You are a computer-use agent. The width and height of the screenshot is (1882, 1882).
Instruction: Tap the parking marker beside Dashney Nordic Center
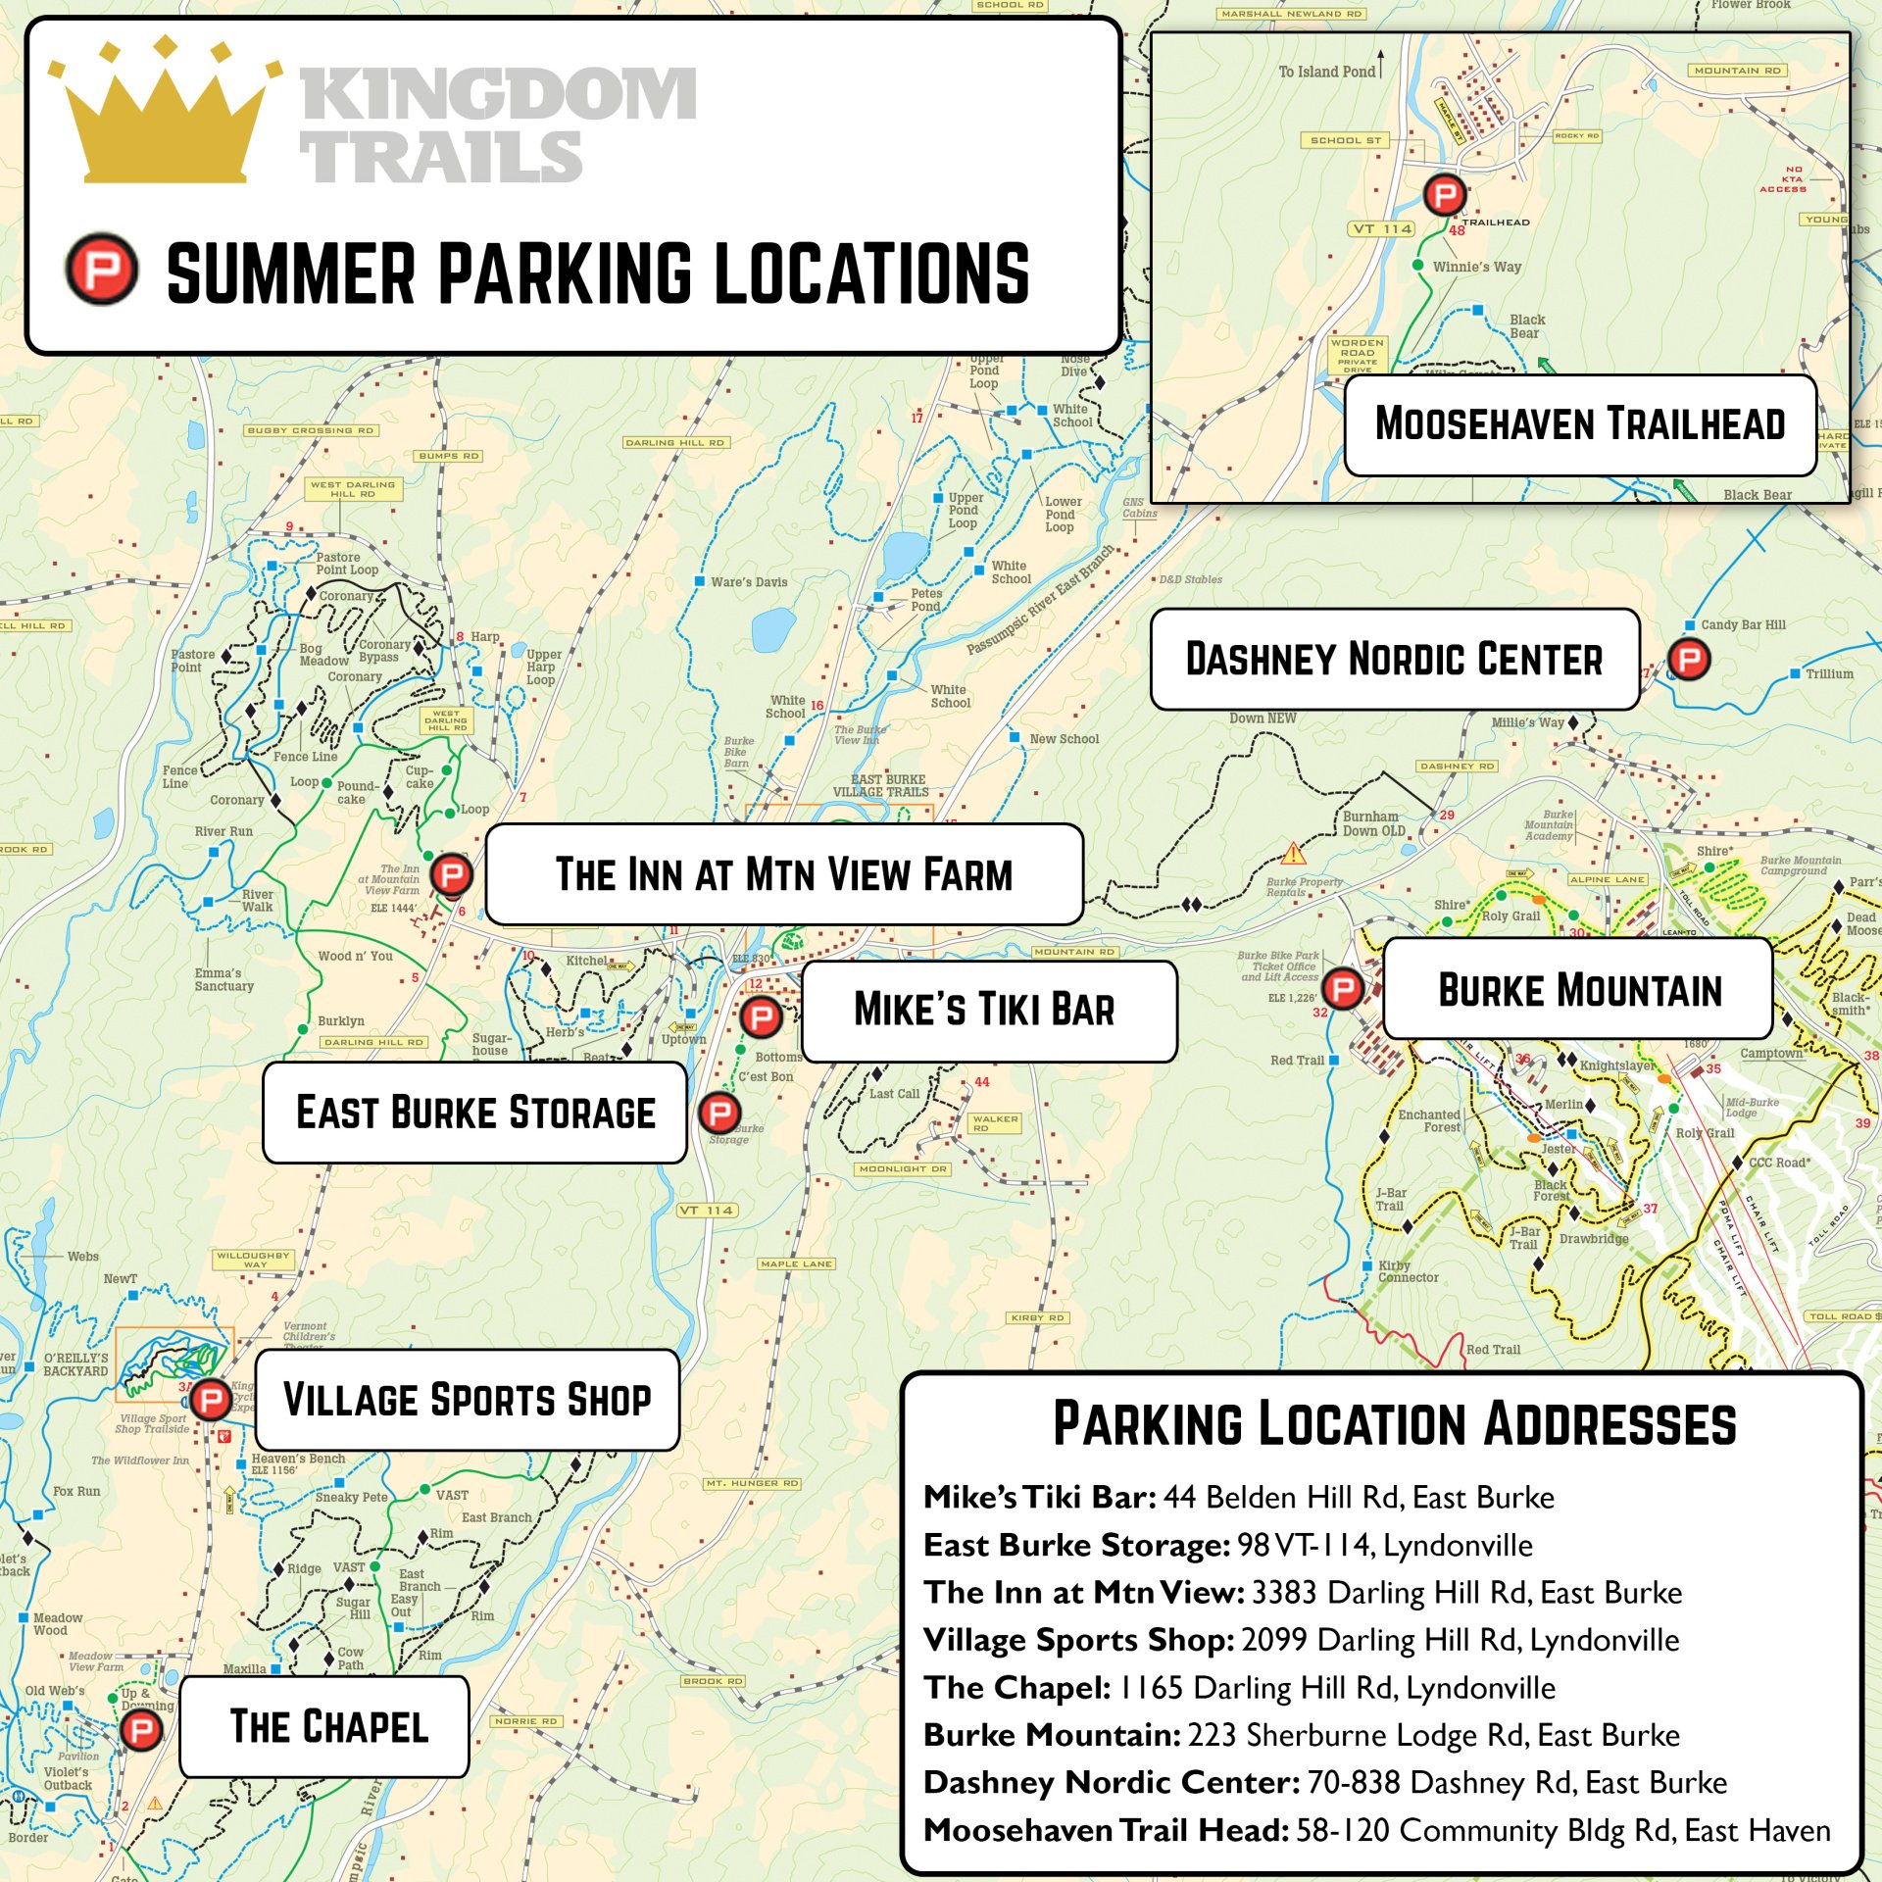click(x=1689, y=659)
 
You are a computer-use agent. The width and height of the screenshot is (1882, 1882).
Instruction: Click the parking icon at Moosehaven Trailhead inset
click(x=1444, y=195)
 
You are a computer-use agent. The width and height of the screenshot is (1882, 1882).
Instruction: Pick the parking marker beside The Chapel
click(x=140, y=1730)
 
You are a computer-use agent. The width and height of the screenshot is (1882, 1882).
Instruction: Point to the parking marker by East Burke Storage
click(x=719, y=1113)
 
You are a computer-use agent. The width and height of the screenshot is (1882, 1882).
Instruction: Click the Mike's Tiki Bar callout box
click(x=988, y=1011)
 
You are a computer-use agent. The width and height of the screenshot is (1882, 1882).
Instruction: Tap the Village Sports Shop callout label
click(x=467, y=1400)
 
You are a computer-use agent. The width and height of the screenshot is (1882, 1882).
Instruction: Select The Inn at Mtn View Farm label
click(x=784, y=874)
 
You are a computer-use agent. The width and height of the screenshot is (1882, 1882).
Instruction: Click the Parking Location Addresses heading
click(x=1394, y=1424)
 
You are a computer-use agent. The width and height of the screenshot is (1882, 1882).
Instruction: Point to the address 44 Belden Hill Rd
click(x=1359, y=1498)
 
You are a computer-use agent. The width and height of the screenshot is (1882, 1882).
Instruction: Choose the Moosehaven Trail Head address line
click(x=1376, y=1830)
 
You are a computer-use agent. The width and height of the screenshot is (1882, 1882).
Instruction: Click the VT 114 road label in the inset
click(x=1383, y=229)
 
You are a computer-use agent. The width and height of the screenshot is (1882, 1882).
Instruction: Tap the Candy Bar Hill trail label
click(x=1743, y=624)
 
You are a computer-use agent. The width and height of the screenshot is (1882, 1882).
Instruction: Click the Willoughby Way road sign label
click(x=253, y=1260)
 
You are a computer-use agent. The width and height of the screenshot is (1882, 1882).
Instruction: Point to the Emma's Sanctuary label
click(x=223, y=979)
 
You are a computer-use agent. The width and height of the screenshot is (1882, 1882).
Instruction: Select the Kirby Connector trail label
click(x=1409, y=1271)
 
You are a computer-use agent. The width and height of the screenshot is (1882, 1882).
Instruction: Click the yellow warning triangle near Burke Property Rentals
click(x=1293, y=852)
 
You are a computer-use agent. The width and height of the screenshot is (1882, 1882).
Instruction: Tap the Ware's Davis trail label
click(x=749, y=582)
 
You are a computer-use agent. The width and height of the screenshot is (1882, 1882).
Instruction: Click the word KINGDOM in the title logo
click(x=498, y=94)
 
